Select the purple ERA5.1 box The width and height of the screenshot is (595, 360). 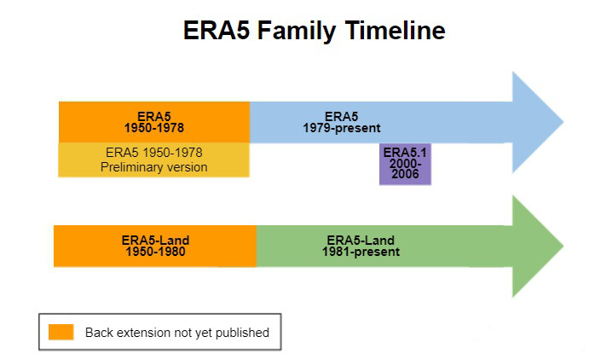(405, 164)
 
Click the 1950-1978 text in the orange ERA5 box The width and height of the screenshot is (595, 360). (153, 128)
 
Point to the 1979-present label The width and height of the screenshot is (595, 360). (341, 128)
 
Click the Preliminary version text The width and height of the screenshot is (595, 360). (153, 167)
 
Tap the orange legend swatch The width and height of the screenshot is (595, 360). (61, 332)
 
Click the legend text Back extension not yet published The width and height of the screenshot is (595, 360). (176, 332)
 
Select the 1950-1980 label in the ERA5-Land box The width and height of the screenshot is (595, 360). (154, 252)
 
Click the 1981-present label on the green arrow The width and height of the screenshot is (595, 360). (361, 252)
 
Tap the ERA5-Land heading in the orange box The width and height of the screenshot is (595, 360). (154, 241)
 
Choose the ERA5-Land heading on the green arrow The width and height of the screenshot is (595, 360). (361, 241)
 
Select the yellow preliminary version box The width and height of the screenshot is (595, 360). (153, 160)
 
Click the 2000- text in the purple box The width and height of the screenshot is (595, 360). (405, 164)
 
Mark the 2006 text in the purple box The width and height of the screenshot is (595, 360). (405, 174)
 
